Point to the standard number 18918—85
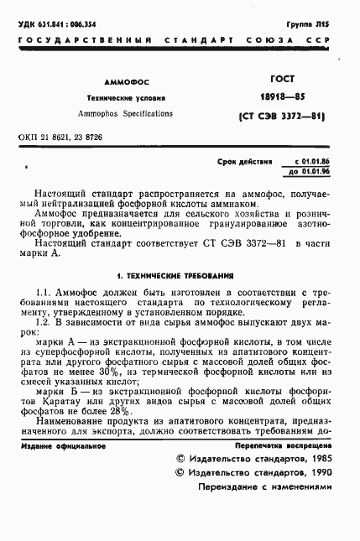277,96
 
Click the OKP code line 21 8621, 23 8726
60,136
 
